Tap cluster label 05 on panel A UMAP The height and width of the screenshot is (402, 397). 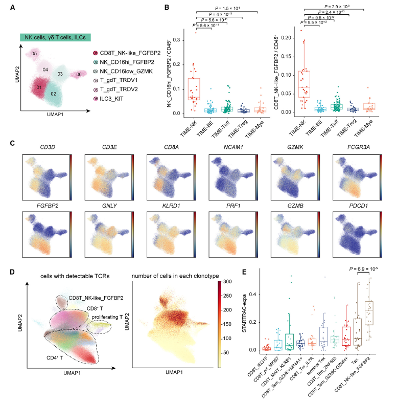coord(34,53)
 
